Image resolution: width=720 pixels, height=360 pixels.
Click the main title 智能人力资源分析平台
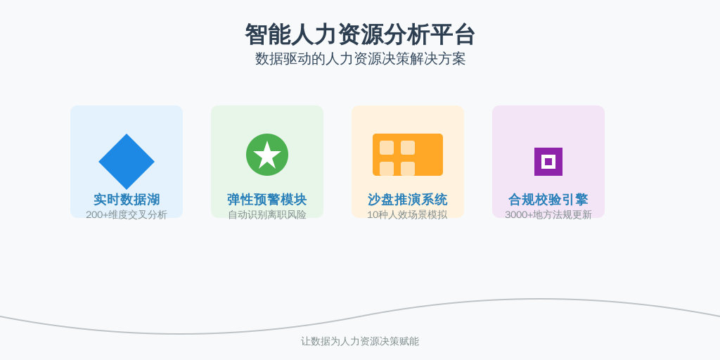[360, 34]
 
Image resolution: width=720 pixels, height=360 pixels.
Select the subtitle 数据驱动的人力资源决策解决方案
[360, 59]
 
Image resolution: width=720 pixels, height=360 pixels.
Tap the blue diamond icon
[127, 162]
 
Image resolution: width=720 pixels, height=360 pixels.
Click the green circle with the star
[267, 155]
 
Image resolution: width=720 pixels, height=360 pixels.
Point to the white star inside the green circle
[267, 155]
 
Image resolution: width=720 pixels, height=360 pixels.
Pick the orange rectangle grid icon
[408, 155]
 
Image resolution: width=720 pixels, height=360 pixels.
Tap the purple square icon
[548, 162]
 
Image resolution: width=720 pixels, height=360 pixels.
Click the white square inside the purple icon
[548, 162]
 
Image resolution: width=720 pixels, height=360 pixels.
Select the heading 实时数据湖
[127, 200]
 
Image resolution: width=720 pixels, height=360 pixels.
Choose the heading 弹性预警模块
[267, 200]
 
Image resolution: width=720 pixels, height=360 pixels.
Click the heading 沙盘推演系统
[408, 200]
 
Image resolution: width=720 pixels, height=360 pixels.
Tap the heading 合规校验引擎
[548, 200]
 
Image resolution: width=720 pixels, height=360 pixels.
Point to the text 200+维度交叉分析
[127, 214]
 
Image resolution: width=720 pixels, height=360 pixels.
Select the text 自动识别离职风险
[267, 214]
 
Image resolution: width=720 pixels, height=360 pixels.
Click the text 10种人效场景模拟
[407, 214]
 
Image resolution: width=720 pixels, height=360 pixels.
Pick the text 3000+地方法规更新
[548, 214]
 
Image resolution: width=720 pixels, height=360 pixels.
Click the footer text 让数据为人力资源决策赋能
[360, 341]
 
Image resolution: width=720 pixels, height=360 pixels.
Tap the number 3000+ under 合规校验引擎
[519, 214]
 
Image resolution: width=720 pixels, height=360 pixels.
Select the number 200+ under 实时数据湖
[97, 214]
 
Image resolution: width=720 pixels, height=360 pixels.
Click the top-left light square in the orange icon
[387, 148]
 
